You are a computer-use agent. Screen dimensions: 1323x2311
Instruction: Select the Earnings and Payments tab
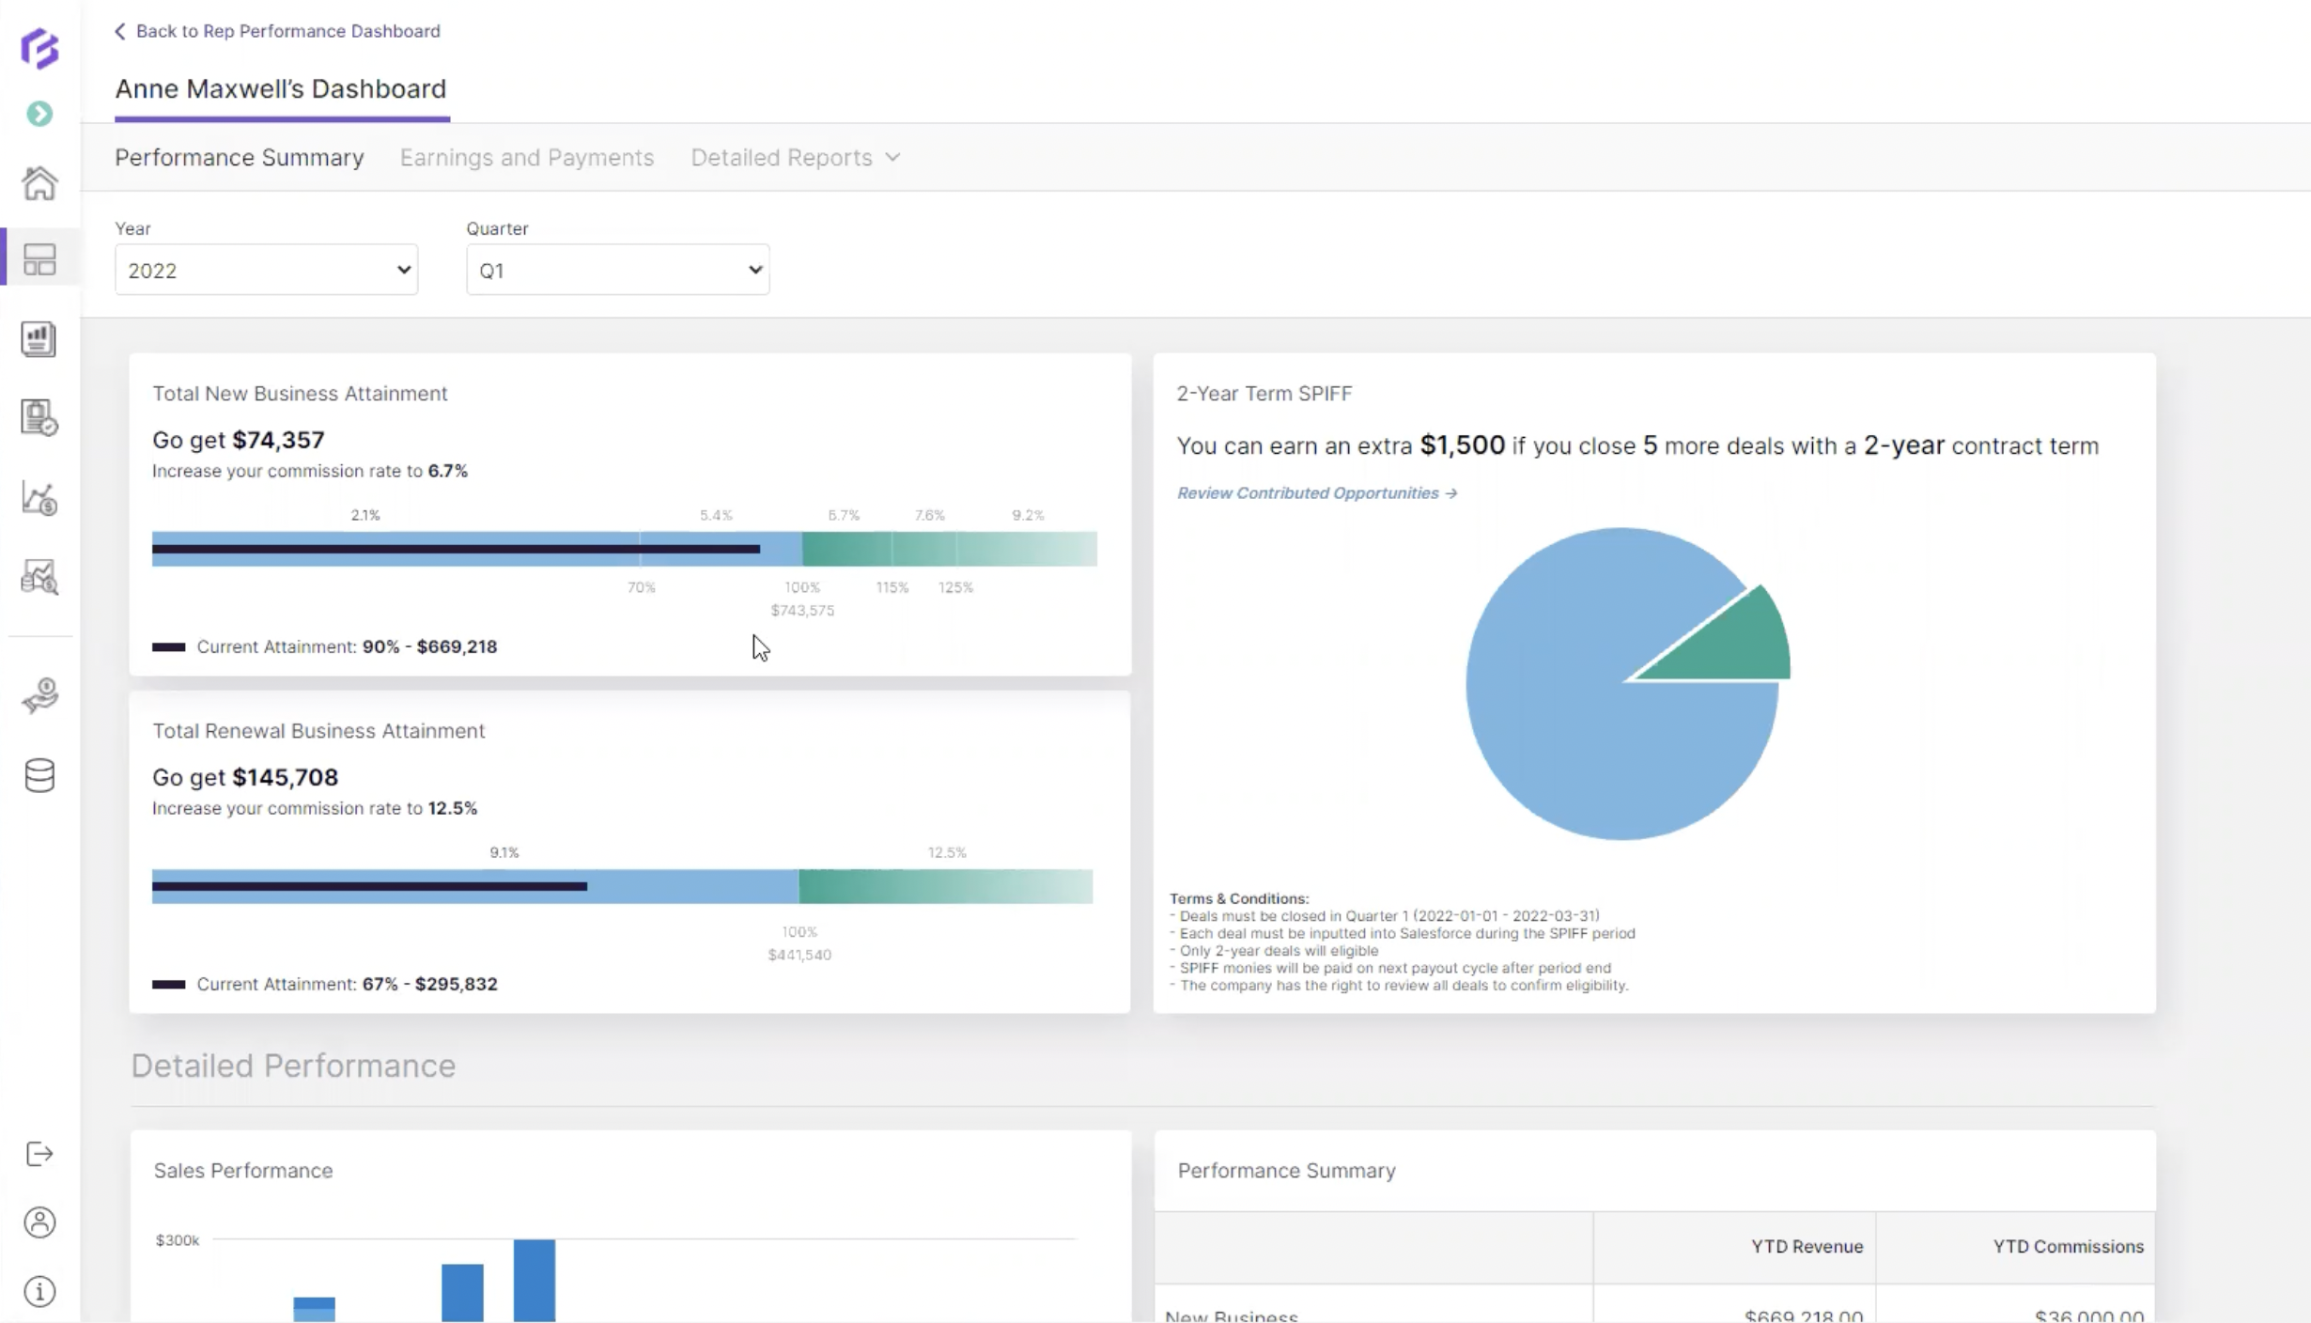coord(526,157)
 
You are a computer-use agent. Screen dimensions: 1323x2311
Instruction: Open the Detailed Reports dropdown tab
coord(795,157)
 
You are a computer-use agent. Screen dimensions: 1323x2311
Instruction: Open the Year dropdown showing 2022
coord(266,271)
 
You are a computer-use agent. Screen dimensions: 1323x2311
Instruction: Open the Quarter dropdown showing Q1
coord(617,271)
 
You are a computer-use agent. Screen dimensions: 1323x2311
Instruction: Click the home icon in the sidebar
coord(39,183)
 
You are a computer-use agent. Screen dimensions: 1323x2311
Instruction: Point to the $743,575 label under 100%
coord(802,611)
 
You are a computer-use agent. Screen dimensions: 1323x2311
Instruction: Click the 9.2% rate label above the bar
coord(1027,515)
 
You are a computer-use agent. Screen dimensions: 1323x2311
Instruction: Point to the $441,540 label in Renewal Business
coord(799,955)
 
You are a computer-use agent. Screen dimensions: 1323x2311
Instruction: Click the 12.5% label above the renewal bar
coord(946,852)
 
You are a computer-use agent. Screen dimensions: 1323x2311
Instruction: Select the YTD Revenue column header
coord(1806,1247)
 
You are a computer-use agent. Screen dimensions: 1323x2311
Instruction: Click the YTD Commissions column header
coord(2068,1247)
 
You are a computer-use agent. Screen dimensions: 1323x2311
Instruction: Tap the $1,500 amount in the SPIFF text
coord(1462,445)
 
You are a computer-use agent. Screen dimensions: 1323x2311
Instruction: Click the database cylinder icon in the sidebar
coord(39,776)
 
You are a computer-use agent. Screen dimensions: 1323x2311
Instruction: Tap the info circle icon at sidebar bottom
coord(39,1292)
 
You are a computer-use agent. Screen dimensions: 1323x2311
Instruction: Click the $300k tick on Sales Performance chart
coord(178,1240)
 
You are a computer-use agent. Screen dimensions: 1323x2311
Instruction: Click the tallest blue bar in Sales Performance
coord(534,1280)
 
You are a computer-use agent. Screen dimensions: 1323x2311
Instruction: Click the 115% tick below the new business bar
coord(892,587)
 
